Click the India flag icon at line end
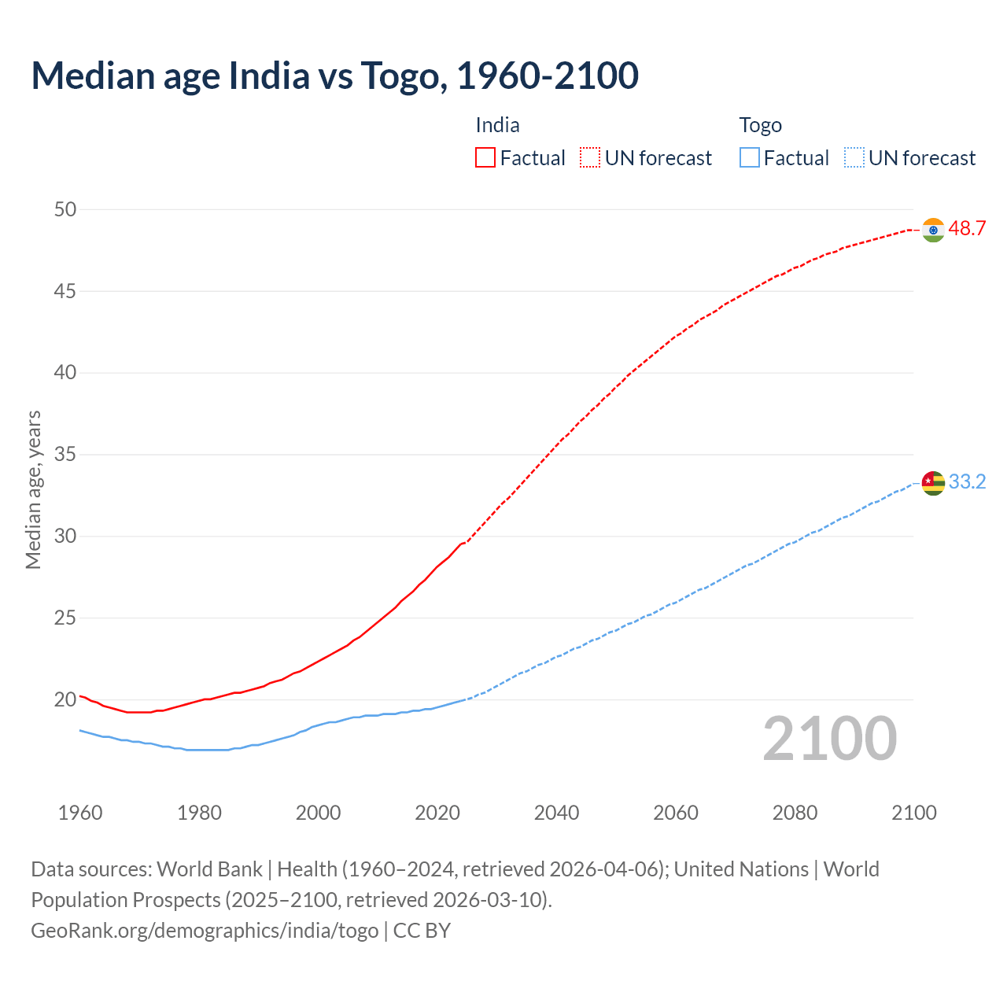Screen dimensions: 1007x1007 933,230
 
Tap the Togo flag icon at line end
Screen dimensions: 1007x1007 933,483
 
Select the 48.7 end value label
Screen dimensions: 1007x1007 967,229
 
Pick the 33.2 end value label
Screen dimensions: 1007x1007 967,482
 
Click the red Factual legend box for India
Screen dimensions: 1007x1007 485,158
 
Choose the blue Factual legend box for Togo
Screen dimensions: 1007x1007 750,158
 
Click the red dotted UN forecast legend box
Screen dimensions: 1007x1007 590,158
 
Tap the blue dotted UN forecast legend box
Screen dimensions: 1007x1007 854,158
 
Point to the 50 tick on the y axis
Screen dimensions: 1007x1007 65,209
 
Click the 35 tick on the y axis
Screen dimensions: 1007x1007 65,455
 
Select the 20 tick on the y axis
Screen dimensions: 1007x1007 65,699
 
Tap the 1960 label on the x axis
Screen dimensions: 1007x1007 80,813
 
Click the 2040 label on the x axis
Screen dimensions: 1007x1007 556,813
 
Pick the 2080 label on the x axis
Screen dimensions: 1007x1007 795,813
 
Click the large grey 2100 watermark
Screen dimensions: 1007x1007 829,739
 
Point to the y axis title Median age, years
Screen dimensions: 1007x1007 33,489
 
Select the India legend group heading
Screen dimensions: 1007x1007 497,125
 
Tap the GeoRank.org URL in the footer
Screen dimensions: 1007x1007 205,931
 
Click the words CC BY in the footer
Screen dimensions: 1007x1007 422,931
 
